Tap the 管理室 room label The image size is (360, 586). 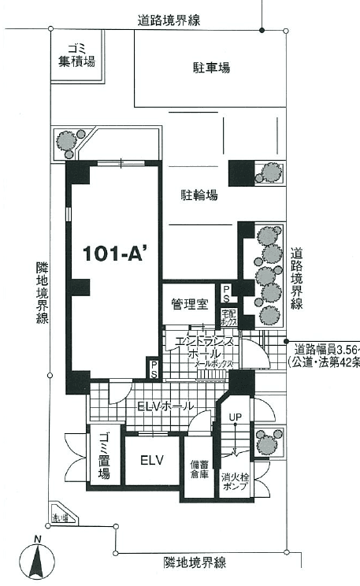point(189,302)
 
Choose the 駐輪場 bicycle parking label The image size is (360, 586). point(199,194)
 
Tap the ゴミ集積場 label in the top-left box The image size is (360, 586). point(76,54)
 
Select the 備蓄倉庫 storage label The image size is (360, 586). point(198,469)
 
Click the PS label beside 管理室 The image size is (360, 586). point(227,294)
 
